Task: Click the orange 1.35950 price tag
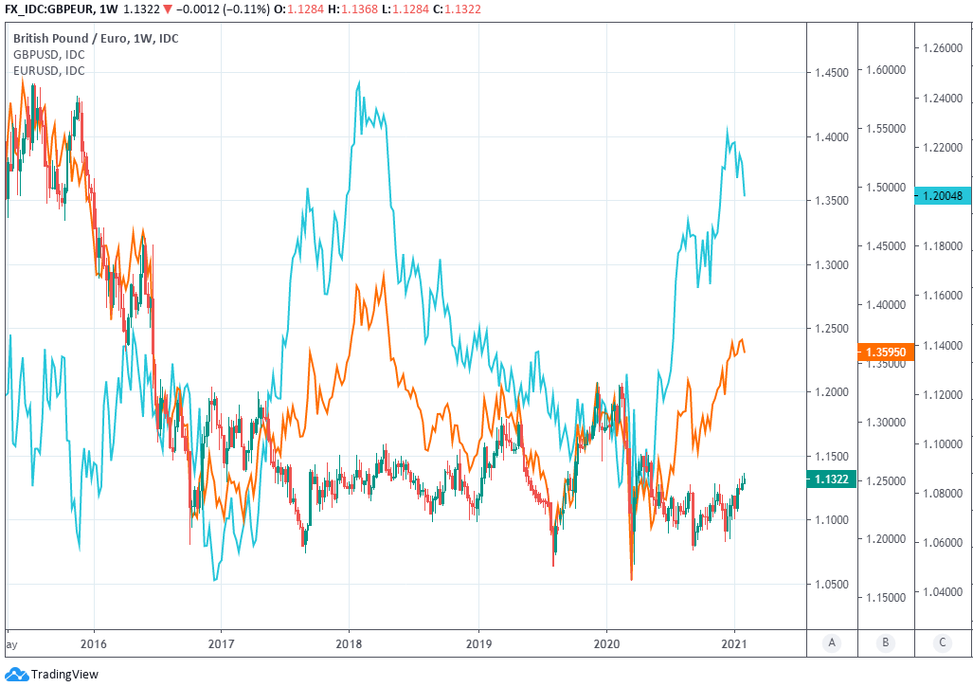coord(885,352)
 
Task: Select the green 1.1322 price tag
coord(831,479)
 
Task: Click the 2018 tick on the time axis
coord(349,642)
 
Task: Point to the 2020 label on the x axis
coord(606,642)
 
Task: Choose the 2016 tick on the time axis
coord(94,642)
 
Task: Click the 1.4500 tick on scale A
coord(831,73)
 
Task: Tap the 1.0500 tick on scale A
coord(831,585)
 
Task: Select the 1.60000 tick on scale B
coord(885,70)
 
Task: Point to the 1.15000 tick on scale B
coord(885,598)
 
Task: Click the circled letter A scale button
coord(832,642)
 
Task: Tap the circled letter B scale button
coord(885,642)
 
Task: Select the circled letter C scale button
coord(943,642)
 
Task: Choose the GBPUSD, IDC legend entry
coord(48,55)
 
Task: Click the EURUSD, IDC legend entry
coord(48,71)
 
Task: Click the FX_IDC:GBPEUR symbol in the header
coord(47,9)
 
